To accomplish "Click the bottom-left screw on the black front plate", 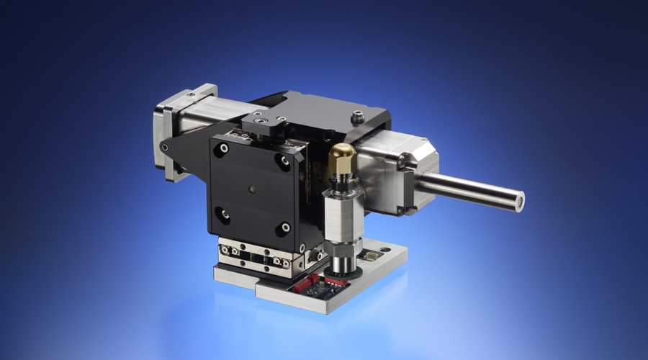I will (225, 212).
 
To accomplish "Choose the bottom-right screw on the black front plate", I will (285, 228).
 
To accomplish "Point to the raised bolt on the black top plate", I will (356, 115).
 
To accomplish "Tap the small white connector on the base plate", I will (371, 256).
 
